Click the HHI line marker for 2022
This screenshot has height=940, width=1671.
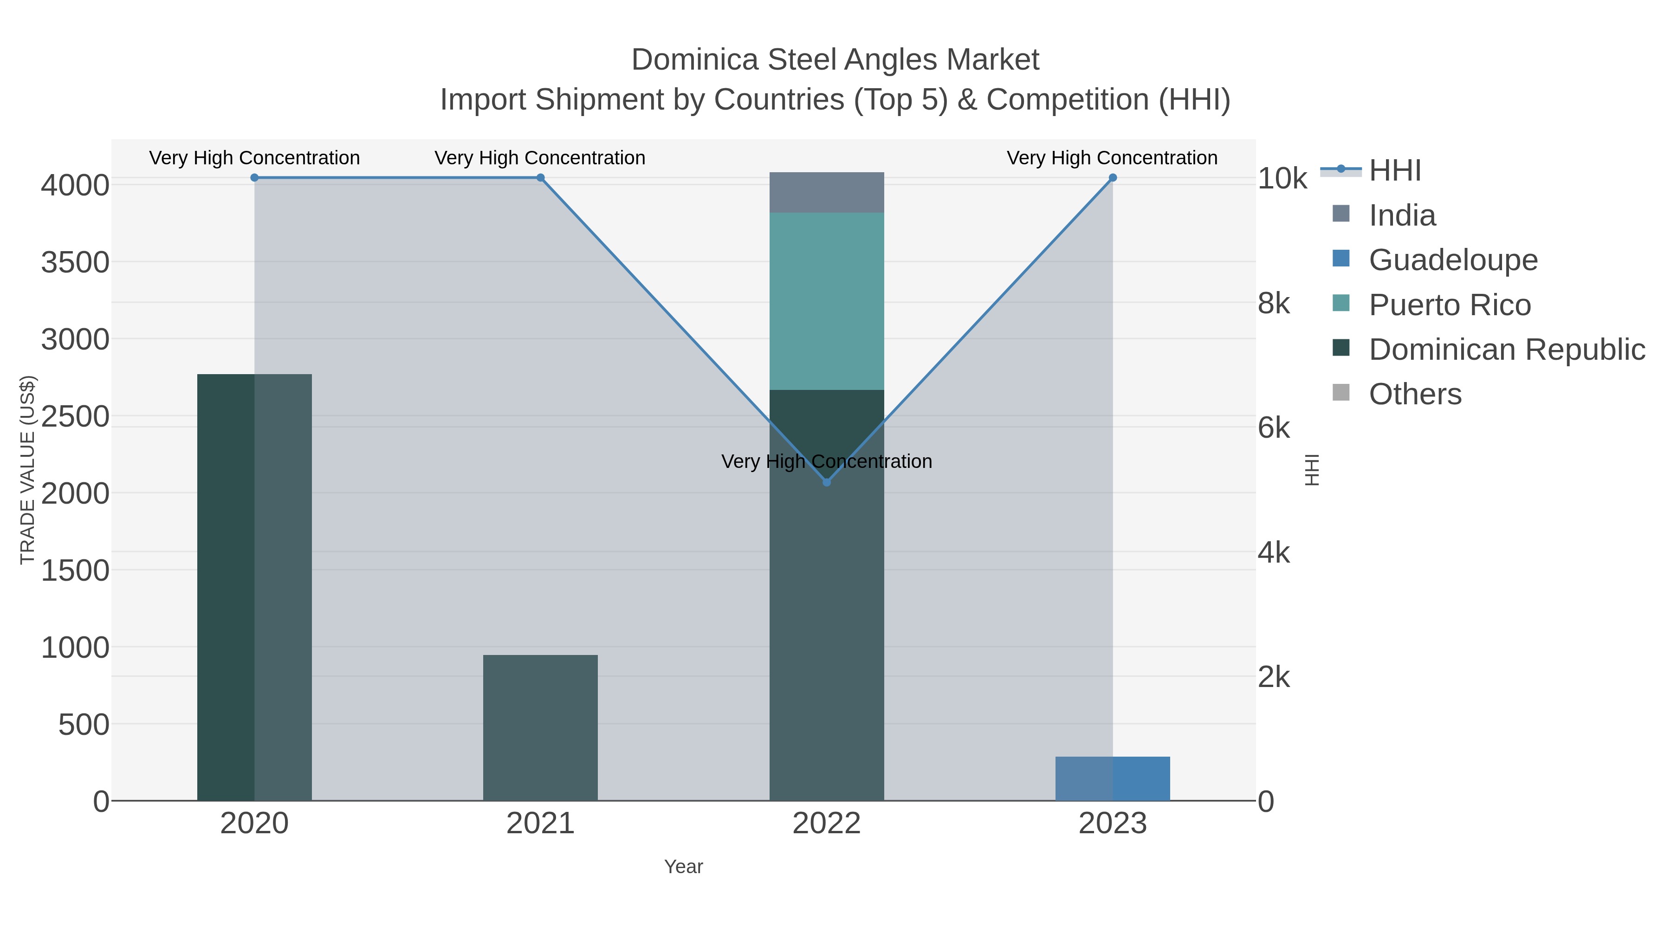pyautogui.click(x=826, y=482)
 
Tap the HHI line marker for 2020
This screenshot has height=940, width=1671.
pyautogui.click(x=254, y=178)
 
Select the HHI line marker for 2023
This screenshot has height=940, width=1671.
pyautogui.click(x=1113, y=178)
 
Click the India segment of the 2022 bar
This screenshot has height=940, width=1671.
pyautogui.click(x=826, y=193)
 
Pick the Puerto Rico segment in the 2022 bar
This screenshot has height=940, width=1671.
pyautogui.click(x=826, y=301)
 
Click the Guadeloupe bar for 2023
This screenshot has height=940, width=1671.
pyautogui.click(x=1113, y=778)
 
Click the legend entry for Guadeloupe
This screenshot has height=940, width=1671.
pyautogui.click(x=1452, y=260)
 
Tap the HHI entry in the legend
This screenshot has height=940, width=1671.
pyautogui.click(x=1395, y=171)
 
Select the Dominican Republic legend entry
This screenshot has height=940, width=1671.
pyautogui.click(x=1506, y=350)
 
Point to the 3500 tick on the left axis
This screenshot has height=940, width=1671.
pyautogui.click(x=75, y=263)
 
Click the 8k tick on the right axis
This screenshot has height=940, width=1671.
pyautogui.click(x=1274, y=304)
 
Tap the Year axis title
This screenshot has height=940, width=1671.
pyautogui.click(x=683, y=867)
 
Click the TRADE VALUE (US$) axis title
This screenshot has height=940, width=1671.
pyautogui.click(x=27, y=470)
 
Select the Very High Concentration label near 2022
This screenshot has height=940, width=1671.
pyautogui.click(x=826, y=461)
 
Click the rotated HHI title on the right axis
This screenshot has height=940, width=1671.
pyautogui.click(x=1312, y=470)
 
